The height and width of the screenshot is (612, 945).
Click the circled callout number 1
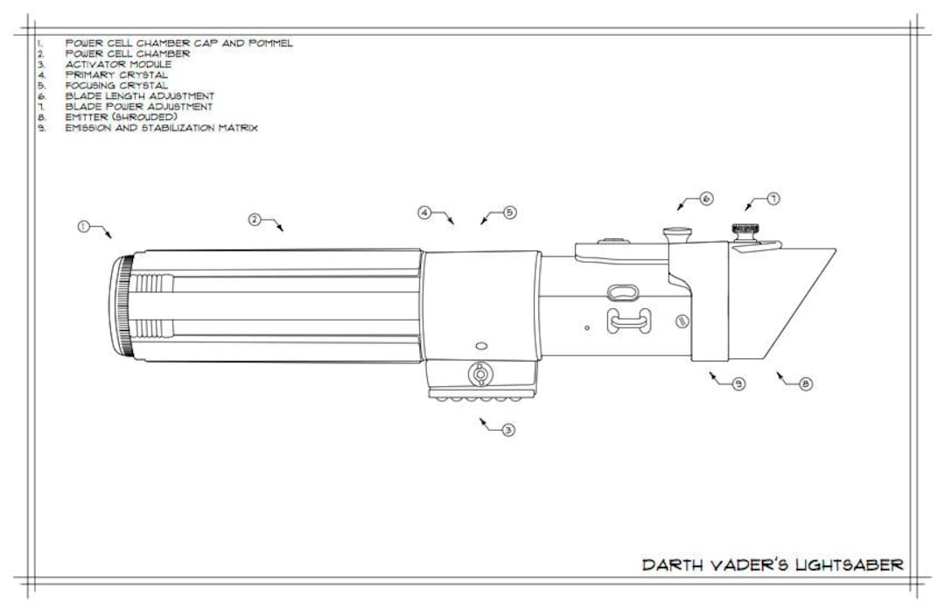[82, 226]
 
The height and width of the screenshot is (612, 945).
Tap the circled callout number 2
[254, 219]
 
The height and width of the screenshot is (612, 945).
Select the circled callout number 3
[507, 430]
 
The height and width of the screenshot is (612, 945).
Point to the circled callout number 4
[423, 213]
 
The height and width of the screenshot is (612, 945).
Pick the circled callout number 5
[510, 212]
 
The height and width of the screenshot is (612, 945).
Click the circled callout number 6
[706, 199]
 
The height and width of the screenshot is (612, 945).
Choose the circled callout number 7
[773, 199]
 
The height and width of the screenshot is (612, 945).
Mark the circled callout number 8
[806, 383]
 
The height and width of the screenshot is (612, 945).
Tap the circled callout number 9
[738, 383]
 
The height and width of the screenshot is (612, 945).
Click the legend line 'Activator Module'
[118, 64]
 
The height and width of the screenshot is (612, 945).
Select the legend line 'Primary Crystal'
[116, 74]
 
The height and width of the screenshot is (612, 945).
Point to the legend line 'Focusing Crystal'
[116, 85]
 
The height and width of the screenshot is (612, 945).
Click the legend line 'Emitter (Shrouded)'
[121, 116]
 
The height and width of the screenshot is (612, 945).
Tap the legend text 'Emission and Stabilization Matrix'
[161, 127]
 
